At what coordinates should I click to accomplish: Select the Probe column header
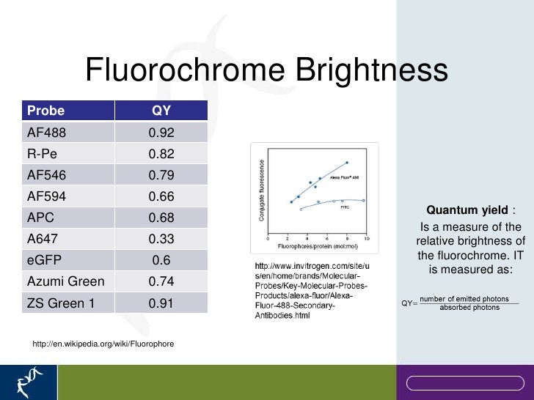[x=46, y=111]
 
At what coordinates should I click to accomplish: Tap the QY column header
[x=161, y=111]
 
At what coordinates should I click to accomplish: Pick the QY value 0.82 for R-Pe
[x=161, y=154]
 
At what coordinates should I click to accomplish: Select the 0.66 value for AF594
[x=161, y=196]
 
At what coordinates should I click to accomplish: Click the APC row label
[x=40, y=218]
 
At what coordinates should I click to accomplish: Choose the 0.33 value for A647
[x=161, y=239]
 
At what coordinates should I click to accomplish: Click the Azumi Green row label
[x=65, y=281]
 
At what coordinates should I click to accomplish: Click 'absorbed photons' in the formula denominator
[x=469, y=308]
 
